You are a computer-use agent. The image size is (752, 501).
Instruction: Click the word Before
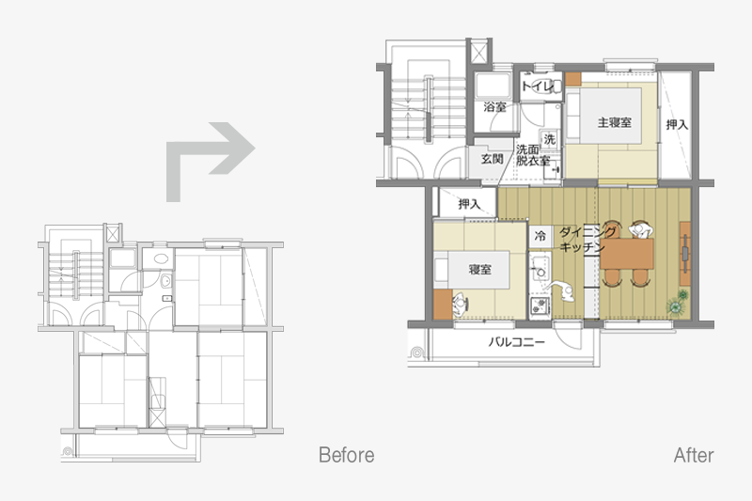[346, 455]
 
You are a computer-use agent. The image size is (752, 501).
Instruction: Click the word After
[694, 455]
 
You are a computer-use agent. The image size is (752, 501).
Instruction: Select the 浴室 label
[495, 106]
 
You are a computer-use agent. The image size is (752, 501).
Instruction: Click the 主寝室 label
[615, 123]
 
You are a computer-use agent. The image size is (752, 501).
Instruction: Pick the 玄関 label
[492, 159]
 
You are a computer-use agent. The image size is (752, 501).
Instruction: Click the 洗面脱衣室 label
[532, 155]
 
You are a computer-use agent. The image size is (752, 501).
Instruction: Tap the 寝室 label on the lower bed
[479, 270]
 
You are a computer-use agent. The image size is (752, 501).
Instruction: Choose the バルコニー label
[516, 342]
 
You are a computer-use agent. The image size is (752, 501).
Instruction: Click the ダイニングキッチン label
[587, 240]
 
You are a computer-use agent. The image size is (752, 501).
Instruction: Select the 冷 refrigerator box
[540, 236]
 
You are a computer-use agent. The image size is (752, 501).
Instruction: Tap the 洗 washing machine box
[549, 139]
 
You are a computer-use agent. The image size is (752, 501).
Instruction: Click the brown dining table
[627, 253]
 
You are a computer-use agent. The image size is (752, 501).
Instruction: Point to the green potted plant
[678, 304]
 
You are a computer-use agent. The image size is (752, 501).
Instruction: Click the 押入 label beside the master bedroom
[677, 125]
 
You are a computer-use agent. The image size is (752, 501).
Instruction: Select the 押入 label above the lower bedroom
[469, 204]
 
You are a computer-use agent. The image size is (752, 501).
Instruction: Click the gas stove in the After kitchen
[540, 305]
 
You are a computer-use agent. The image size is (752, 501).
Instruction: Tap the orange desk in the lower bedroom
[443, 304]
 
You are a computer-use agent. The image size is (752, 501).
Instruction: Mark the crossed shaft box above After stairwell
[479, 52]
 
